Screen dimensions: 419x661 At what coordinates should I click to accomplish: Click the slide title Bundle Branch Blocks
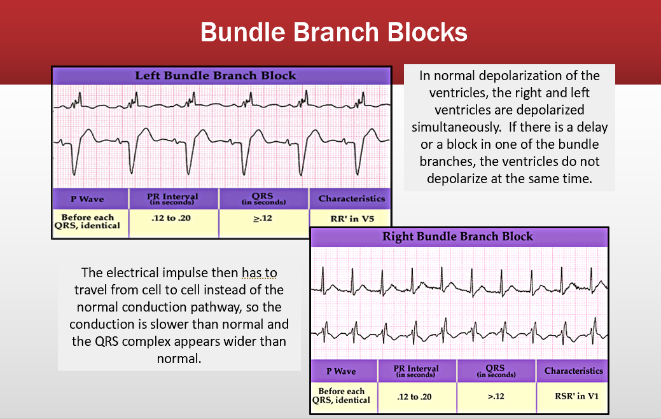334,32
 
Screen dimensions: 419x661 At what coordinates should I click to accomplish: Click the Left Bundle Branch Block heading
216,76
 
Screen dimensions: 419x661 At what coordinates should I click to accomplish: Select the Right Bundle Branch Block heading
457,237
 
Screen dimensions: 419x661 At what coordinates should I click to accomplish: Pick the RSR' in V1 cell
576,397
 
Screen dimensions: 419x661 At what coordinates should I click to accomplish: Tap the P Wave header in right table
341,371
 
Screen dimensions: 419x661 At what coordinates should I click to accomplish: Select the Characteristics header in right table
573,371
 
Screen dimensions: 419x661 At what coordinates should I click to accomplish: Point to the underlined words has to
259,273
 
